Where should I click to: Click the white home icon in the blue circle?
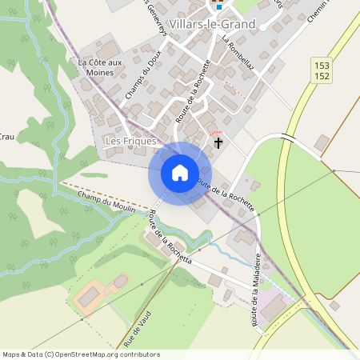[x=180, y=173]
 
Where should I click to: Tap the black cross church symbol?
[x=219, y=143]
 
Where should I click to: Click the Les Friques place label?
[x=130, y=141]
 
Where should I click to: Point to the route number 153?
[x=322, y=65]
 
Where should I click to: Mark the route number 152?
[x=322, y=75]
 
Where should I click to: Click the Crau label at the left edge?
[x=6, y=137]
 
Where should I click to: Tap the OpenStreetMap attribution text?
[x=81, y=354]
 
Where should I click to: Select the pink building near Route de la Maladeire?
[x=273, y=306]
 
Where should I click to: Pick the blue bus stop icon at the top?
[x=219, y=7]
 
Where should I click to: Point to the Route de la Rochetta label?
[x=170, y=238]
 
